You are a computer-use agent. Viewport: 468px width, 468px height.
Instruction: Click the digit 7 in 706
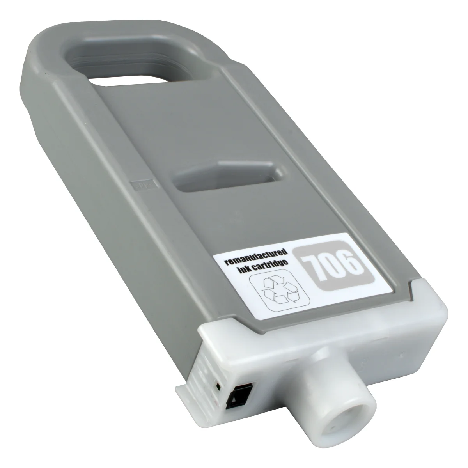coord(315,268)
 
